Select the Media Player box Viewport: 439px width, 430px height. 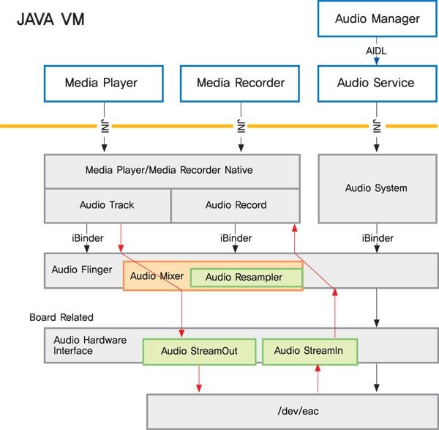(x=102, y=83)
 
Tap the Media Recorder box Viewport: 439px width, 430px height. (x=241, y=83)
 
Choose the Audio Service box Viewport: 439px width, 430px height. (x=376, y=83)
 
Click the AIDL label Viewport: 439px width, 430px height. (x=376, y=51)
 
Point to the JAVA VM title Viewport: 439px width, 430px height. (x=50, y=19)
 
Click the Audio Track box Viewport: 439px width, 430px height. (x=107, y=205)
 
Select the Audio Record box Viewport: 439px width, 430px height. (x=235, y=205)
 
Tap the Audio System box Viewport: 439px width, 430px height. (x=376, y=188)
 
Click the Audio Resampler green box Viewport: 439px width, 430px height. (x=247, y=278)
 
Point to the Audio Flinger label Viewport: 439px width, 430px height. (x=82, y=270)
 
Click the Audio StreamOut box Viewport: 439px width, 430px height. (x=200, y=351)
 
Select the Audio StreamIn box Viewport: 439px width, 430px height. (x=309, y=351)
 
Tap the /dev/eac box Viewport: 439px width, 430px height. (x=293, y=411)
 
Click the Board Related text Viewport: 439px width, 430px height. (x=61, y=317)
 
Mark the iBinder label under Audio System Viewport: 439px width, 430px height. (x=377, y=238)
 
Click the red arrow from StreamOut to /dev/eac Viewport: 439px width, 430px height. (x=198, y=379)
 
